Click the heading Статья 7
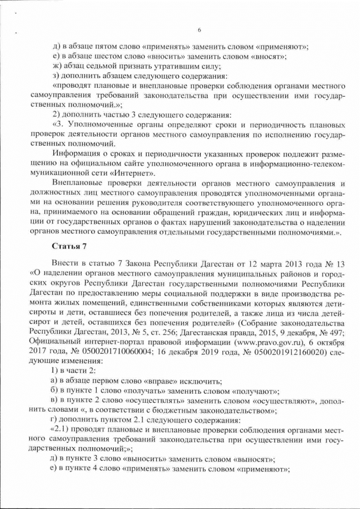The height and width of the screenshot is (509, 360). (x=67, y=246)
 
